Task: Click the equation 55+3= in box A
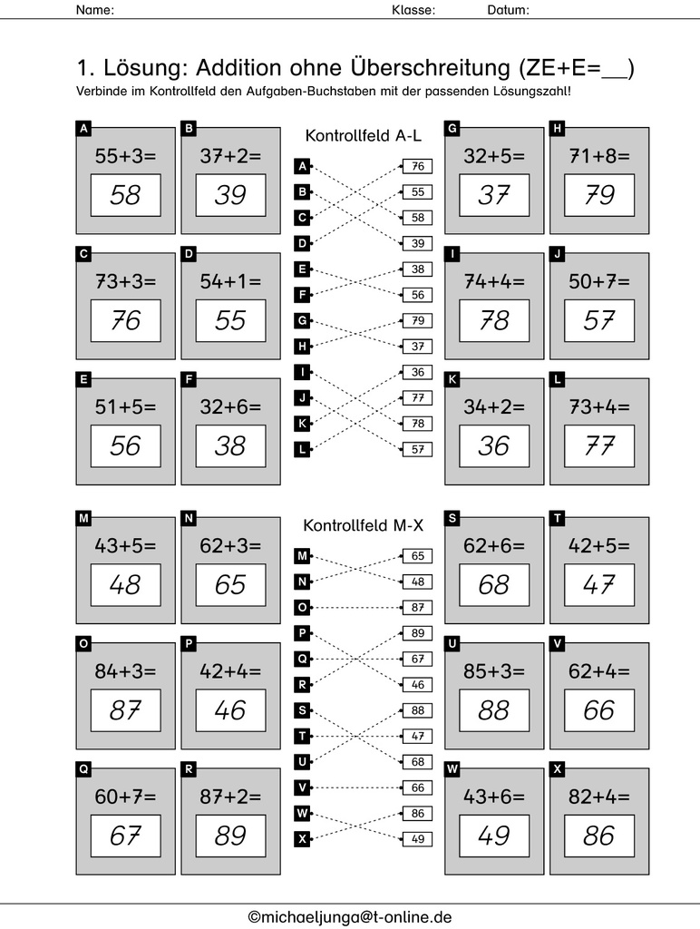125,155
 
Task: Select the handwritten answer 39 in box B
230,195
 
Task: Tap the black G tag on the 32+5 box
452,129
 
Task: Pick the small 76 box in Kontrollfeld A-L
417,166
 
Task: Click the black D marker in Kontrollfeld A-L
303,242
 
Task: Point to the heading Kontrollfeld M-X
363,525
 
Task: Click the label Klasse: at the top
413,11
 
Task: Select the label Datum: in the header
508,11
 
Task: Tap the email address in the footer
350,916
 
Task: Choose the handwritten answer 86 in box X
598,836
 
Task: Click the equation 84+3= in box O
125,671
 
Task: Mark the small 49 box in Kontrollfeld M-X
417,839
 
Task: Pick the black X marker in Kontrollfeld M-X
303,839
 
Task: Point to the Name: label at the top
94,11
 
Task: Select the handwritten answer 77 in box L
598,445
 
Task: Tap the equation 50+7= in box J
598,280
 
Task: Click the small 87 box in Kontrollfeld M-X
417,607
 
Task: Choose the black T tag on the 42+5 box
558,518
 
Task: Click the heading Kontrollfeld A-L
363,135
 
